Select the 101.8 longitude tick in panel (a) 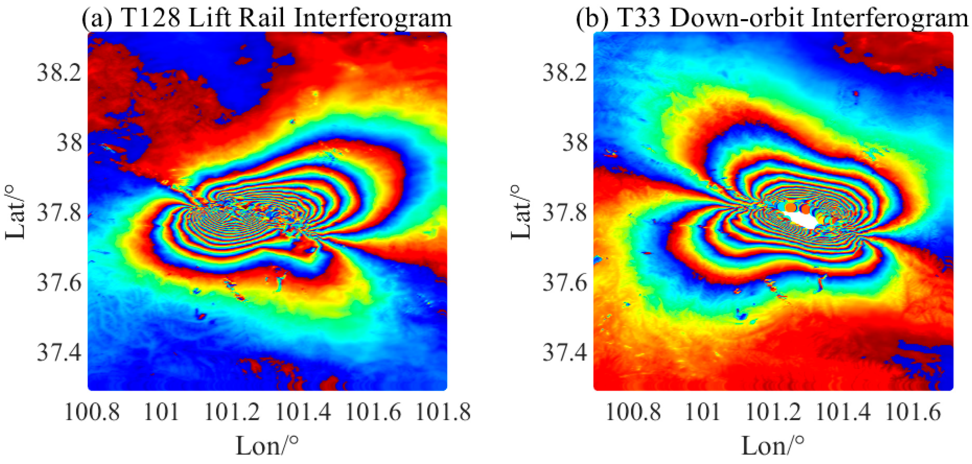coord(443,412)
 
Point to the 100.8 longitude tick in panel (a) coord(93,412)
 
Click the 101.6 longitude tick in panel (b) coord(913,412)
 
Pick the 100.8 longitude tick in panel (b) coord(633,412)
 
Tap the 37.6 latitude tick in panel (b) coord(565,283)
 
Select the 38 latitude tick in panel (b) coord(575,143)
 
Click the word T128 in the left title coord(151,18)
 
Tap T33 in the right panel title coord(639,18)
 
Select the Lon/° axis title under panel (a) coord(267,445)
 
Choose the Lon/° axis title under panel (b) coord(773,445)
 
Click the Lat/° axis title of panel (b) coord(521,212)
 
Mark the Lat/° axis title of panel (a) coord(15,212)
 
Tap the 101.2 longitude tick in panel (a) coord(232,412)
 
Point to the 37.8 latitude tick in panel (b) coord(565,212)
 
